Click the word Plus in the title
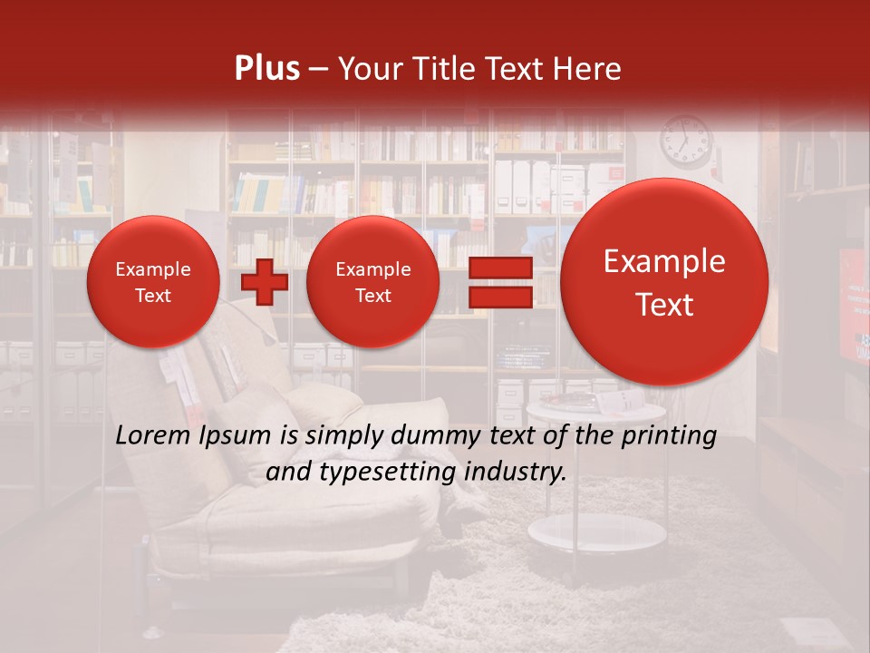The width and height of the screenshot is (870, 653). coord(266,69)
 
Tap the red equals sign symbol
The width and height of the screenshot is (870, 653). coord(499,282)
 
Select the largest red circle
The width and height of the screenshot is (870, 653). coord(664,282)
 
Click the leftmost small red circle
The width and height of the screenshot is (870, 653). coord(153,282)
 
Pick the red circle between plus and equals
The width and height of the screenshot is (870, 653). coord(373,282)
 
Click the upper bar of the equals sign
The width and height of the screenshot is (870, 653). coord(499,268)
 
